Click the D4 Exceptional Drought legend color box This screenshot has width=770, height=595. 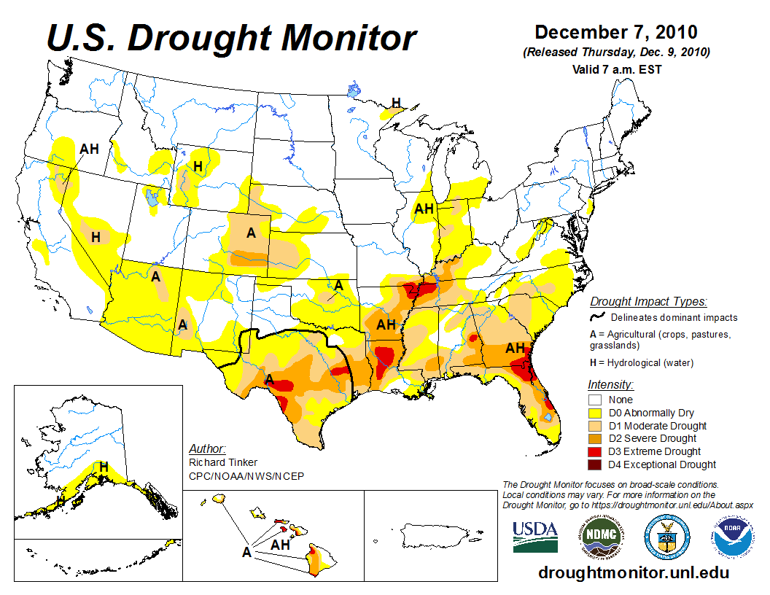point(596,464)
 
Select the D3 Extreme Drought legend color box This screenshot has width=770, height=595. point(596,451)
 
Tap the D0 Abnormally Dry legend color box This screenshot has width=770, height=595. point(596,413)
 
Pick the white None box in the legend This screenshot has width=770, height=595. point(596,400)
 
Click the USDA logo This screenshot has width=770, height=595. point(534,536)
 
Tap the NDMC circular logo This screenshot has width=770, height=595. point(600,537)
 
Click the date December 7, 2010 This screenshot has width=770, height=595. point(616,33)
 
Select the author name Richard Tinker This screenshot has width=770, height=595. point(222,462)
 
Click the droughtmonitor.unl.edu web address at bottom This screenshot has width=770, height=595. point(633,572)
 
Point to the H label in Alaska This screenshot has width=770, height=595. point(104,466)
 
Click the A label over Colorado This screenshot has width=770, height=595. point(251,233)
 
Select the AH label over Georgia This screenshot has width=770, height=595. point(516,348)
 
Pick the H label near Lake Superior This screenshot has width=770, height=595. point(396,102)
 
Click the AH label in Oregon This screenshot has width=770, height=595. point(90,149)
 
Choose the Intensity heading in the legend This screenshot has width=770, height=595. point(611,384)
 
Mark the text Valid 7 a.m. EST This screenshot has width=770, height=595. point(616,69)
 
